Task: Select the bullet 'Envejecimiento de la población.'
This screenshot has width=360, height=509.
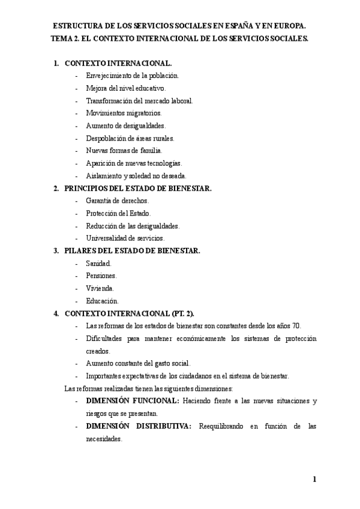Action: click(132, 76)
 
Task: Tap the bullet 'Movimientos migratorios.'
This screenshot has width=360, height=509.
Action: click(124, 113)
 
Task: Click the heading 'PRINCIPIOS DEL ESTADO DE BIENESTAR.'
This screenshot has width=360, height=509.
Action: click(138, 188)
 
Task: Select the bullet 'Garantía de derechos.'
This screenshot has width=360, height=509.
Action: click(117, 200)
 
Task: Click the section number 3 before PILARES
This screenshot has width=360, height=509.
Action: click(56, 251)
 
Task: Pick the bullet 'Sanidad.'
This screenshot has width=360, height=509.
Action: click(98, 264)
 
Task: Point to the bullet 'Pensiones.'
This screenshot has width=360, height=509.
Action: click(101, 276)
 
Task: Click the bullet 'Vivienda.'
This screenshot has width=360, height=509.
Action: click(100, 289)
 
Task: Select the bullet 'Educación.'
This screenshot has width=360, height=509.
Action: click(102, 301)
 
